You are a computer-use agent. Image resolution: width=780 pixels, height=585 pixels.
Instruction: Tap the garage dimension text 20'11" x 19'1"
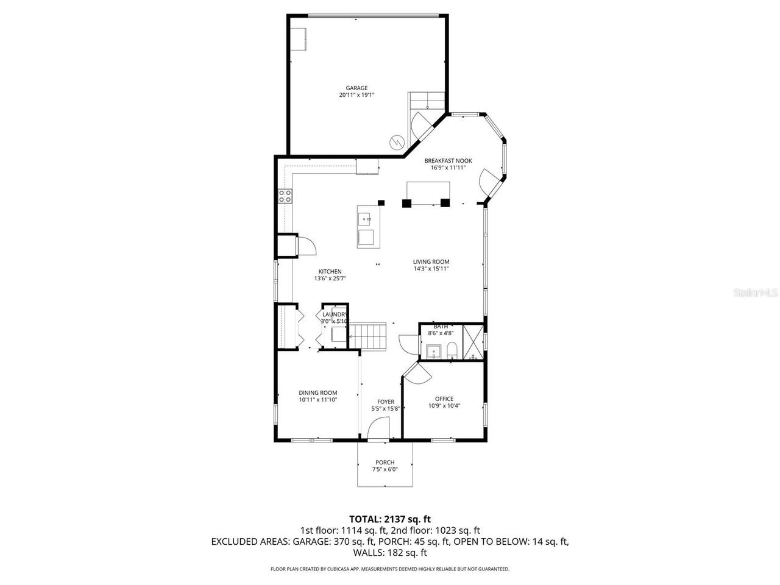[356, 95]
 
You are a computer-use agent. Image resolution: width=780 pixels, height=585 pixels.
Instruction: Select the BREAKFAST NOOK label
[448, 161]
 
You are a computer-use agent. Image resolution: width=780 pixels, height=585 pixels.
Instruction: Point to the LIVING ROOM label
[431, 262]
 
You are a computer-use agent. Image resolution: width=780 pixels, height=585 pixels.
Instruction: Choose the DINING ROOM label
[317, 393]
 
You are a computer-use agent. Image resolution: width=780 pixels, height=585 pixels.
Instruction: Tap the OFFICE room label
[444, 399]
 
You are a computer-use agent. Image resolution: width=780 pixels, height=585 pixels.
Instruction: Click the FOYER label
[385, 402]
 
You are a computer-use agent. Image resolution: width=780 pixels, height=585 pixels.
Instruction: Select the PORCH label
[385, 463]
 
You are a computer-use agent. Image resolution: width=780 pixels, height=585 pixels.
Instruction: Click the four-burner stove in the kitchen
[285, 196]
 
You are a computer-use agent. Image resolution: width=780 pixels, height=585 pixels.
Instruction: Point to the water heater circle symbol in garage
[396, 141]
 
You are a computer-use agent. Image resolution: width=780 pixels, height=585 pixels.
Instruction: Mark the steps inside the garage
[427, 99]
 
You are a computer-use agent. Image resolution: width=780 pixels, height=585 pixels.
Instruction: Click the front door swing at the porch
[378, 431]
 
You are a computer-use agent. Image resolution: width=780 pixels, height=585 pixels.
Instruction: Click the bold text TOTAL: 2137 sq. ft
[389, 519]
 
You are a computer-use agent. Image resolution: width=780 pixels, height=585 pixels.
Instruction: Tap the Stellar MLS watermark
[756, 293]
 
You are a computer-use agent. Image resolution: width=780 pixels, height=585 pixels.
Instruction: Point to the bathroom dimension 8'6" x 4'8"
[440, 333]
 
